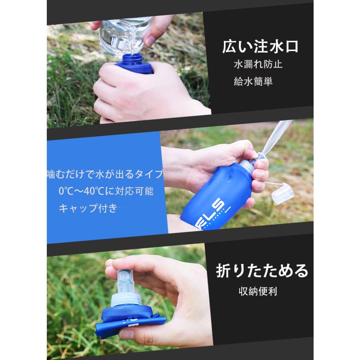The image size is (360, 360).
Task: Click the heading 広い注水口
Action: click(260, 47)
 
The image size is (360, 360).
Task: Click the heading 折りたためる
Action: click(262, 271)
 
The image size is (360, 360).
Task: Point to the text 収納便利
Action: click(257, 290)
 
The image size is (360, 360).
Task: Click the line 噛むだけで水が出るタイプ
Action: click(105, 174)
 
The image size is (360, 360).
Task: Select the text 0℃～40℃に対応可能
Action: click(106, 191)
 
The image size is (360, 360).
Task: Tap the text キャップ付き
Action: click(88, 208)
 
